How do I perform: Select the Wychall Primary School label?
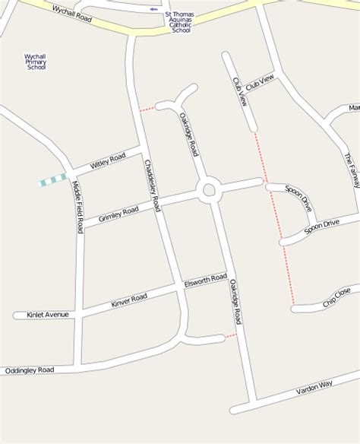pyautogui.click(x=36, y=62)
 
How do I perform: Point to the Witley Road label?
pyautogui.click(x=107, y=161)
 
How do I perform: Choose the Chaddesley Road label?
pyautogui.click(x=152, y=186)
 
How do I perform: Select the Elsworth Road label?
pyautogui.click(x=205, y=281)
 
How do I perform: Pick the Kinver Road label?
pyautogui.click(x=129, y=301)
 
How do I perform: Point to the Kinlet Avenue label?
pyautogui.click(x=47, y=314)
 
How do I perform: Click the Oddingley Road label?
pyautogui.click(x=30, y=370)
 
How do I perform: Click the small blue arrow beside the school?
pyautogui.click(x=155, y=9)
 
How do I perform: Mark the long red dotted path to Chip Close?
pyautogui.click(x=275, y=220)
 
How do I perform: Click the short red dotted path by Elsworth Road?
pyautogui.click(x=231, y=335)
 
